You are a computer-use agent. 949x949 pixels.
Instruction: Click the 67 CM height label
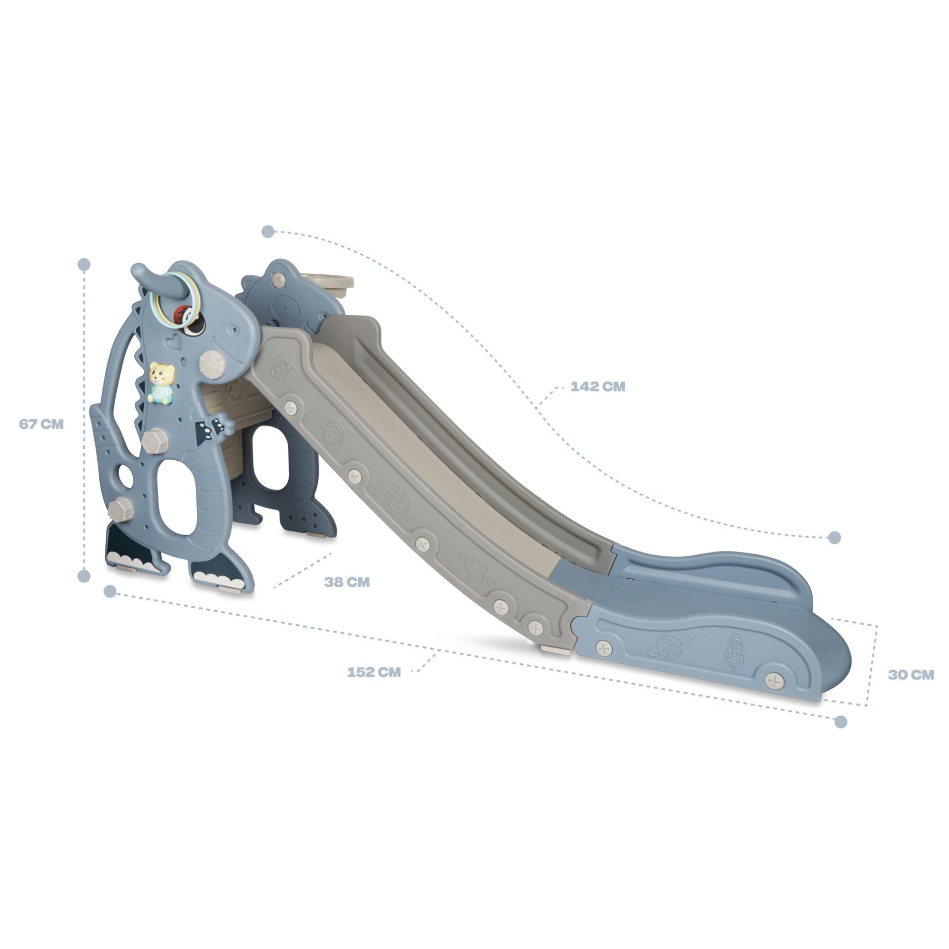(x=41, y=424)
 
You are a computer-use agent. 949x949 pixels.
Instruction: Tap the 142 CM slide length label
(x=598, y=387)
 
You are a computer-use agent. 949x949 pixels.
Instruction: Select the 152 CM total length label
(x=374, y=672)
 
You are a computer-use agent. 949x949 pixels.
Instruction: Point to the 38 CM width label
(x=347, y=582)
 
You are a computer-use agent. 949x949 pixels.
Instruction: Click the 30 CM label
(x=911, y=675)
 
